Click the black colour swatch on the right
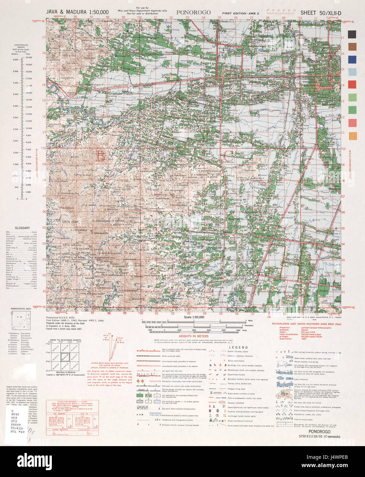[352, 34]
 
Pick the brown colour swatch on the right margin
[352, 47]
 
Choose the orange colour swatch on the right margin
[352, 136]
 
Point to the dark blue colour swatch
[352, 59]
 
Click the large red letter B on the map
[100, 156]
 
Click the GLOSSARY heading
[22, 228]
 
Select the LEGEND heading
[238, 347]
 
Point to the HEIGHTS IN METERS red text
[193, 336]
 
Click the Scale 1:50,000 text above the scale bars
[194, 317]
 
